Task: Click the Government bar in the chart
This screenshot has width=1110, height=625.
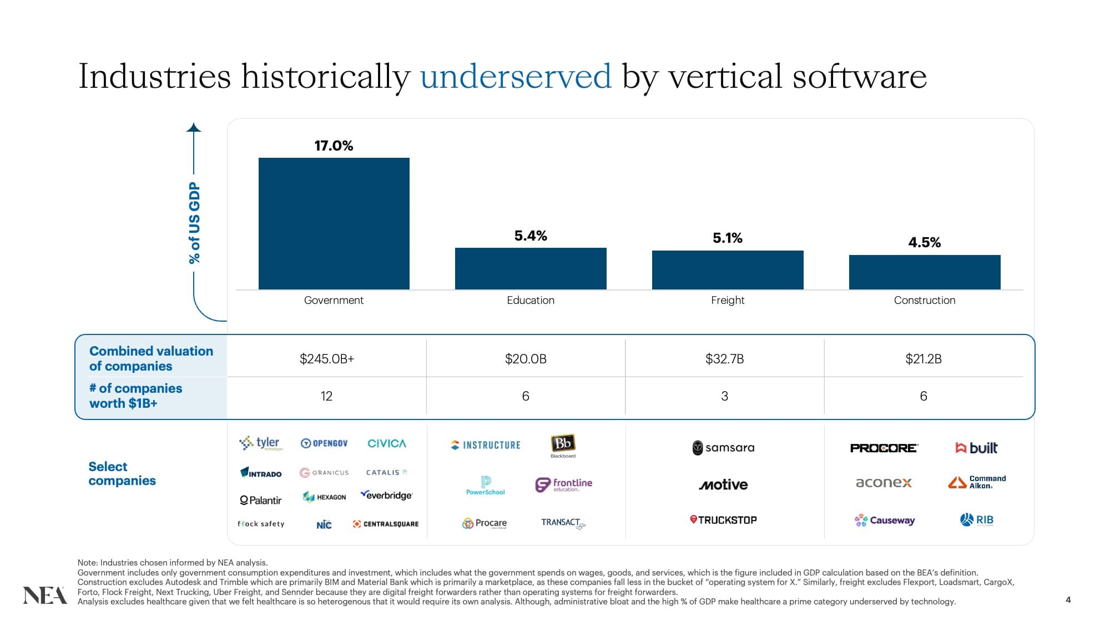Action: click(334, 223)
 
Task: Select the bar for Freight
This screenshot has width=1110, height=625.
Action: click(727, 270)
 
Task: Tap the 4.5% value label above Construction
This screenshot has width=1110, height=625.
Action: click(924, 242)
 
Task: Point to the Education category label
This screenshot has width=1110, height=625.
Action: click(530, 300)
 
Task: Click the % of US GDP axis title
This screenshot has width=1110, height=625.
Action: click(194, 222)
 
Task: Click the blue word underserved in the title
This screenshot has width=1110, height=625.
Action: click(516, 76)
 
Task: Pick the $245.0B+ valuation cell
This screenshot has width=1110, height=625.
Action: click(326, 359)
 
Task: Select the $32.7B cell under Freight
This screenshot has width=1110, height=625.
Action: click(724, 359)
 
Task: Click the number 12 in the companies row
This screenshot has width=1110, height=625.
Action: click(326, 396)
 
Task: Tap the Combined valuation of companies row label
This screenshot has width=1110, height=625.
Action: click(151, 358)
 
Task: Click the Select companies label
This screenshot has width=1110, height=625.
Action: click(122, 473)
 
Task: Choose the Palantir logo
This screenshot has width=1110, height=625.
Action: click(261, 500)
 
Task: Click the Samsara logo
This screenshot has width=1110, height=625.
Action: click(723, 448)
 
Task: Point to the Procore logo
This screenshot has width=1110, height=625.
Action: click(884, 448)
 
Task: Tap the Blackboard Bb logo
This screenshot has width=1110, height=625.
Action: click(563, 445)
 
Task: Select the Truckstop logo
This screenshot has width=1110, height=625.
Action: click(723, 520)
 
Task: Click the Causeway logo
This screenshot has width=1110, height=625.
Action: click(885, 520)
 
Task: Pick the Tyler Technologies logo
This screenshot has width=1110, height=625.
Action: click(261, 443)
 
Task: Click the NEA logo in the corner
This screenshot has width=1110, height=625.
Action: click(44, 595)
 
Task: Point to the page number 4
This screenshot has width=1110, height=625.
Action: click(1068, 599)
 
